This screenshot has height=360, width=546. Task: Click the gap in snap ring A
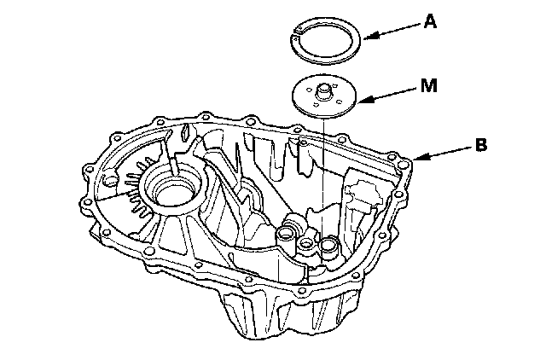coord(298,32)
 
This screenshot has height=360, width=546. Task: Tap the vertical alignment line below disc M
coord(326,171)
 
